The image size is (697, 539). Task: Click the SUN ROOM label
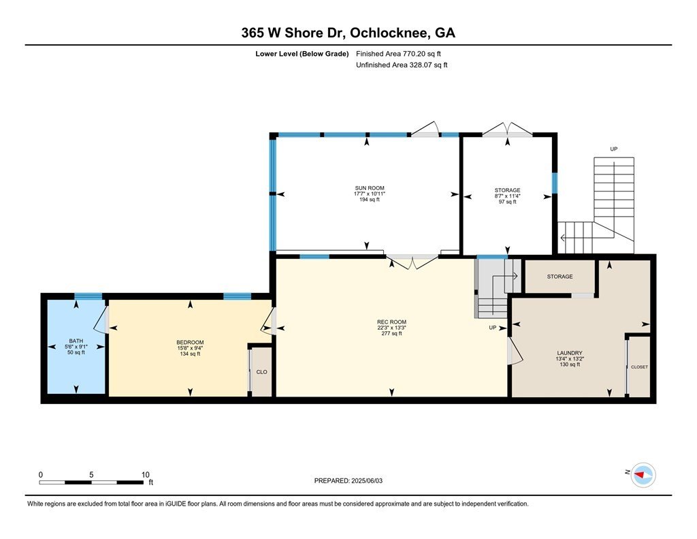(370, 188)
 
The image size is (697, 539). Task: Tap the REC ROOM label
(391, 322)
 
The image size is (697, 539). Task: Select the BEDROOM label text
(190, 342)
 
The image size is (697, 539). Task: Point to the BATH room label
(76, 341)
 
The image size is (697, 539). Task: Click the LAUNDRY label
(570, 353)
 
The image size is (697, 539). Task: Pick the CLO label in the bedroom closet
(262, 372)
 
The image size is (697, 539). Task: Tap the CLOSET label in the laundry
(639, 367)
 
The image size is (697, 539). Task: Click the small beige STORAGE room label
(560, 277)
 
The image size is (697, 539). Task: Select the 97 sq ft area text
(508, 202)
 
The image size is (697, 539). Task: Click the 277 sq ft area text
(391, 333)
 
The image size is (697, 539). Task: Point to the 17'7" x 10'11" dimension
(370, 194)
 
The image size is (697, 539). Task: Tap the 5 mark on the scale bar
(91, 475)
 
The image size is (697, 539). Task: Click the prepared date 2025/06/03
(367, 480)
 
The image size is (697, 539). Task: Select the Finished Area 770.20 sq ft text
(398, 54)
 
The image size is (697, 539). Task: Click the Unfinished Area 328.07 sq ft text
(402, 65)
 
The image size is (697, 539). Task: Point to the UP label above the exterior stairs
(614, 149)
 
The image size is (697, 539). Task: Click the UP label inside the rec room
(493, 328)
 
